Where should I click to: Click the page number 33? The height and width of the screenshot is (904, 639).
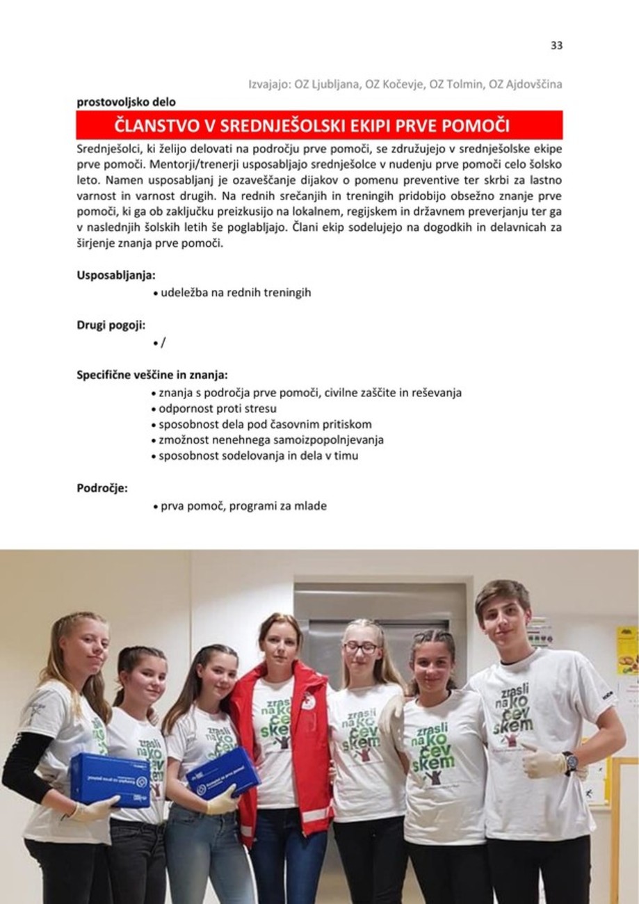point(556,46)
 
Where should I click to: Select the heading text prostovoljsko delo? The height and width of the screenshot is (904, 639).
point(126,102)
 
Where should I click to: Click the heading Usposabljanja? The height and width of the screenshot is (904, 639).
point(116,275)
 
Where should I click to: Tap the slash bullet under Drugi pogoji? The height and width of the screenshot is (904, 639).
point(163,342)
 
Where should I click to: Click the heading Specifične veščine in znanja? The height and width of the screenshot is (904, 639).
point(152,375)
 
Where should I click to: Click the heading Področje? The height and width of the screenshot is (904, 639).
point(102,488)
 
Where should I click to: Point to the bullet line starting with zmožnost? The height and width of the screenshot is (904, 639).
point(271,440)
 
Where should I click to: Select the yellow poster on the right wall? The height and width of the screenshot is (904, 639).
point(627,649)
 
